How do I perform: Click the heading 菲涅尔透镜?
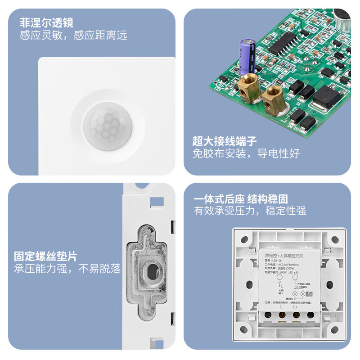pos(46,22)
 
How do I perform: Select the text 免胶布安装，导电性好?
pos(246,153)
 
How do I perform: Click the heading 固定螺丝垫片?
pos(45,256)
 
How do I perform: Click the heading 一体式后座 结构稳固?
pos(241,199)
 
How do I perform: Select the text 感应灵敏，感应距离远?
pos(73,35)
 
